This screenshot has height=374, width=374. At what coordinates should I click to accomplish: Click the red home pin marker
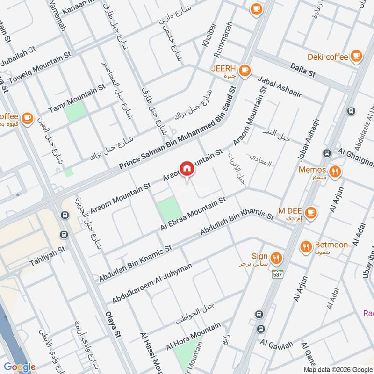[187, 169]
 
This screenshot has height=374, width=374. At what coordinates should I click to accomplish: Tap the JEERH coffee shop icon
[244, 71]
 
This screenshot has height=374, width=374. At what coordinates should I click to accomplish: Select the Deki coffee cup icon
[356, 56]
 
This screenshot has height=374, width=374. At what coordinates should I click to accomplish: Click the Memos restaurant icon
[335, 170]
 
